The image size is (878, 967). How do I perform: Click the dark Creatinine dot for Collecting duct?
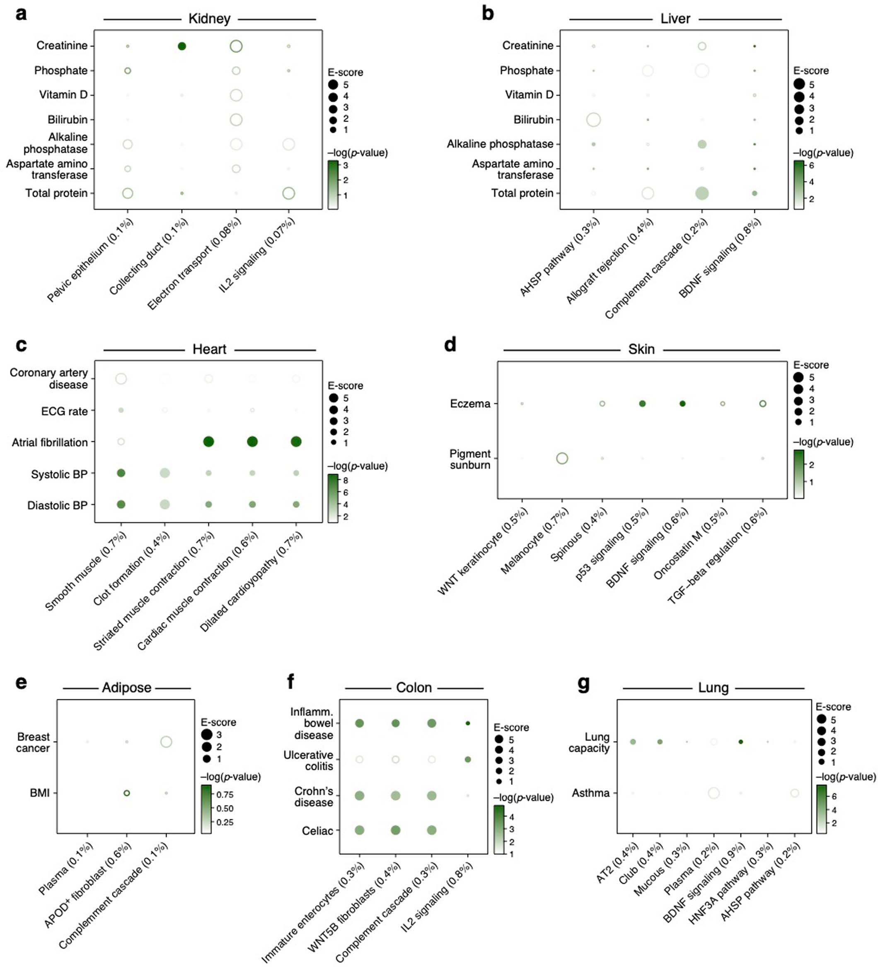181,46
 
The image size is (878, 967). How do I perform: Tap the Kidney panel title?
209,19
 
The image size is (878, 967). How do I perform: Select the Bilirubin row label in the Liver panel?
533,120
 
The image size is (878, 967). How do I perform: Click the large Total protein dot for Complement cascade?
701,193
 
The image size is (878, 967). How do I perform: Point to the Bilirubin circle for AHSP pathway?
593,120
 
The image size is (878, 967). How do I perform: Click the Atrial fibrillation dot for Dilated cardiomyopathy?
296,441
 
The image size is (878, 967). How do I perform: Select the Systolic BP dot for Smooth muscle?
121,473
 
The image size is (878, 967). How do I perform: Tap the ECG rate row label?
64,411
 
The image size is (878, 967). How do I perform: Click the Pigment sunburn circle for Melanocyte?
562,458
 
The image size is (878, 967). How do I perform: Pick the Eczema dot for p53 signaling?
642,403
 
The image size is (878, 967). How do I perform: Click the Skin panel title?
641,349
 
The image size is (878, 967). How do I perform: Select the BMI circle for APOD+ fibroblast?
126,793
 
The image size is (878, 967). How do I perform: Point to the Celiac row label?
317,830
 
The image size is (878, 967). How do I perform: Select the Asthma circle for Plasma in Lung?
714,793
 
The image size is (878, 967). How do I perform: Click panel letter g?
583,683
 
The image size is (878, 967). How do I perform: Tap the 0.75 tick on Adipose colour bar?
224,794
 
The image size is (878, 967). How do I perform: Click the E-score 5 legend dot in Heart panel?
333,398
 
